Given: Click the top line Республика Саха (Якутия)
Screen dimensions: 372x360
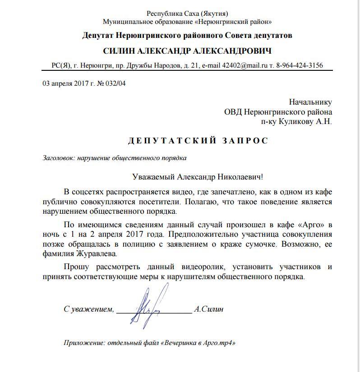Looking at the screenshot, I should coord(187,13).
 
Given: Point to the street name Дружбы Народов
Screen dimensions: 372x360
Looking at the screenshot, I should coord(156,65).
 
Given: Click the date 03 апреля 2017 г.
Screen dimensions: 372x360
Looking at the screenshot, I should coord(65,83).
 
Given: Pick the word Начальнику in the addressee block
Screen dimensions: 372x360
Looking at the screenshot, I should coord(310,102).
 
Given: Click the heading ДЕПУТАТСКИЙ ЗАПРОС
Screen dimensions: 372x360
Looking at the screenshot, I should coord(198,141).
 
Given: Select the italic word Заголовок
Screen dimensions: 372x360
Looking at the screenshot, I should coord(58,158).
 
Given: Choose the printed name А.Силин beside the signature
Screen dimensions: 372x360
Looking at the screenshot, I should coord(208,309).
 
